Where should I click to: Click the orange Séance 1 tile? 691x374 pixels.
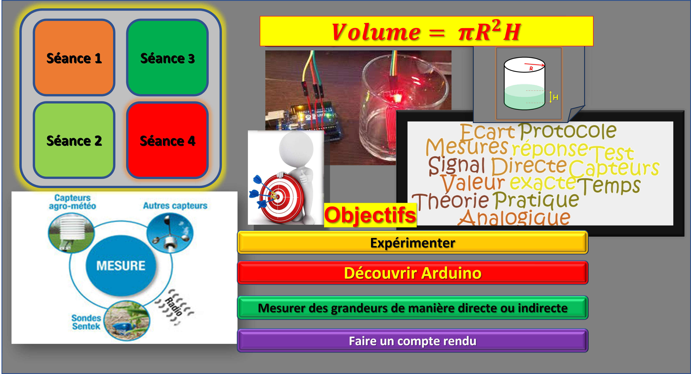pos(74,57)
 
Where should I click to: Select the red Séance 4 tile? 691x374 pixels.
pos(167,140)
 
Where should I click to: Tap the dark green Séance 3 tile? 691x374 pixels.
pos(167,57)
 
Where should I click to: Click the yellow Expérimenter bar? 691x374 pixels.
pos(412,243)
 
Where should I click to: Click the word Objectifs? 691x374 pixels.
pos(370,215)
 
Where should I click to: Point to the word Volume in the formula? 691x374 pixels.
pos(376,32)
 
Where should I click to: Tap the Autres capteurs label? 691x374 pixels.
pos(175,206)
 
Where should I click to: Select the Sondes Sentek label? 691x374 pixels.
pos(86,322)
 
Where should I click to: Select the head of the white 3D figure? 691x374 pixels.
pos(296,149)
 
